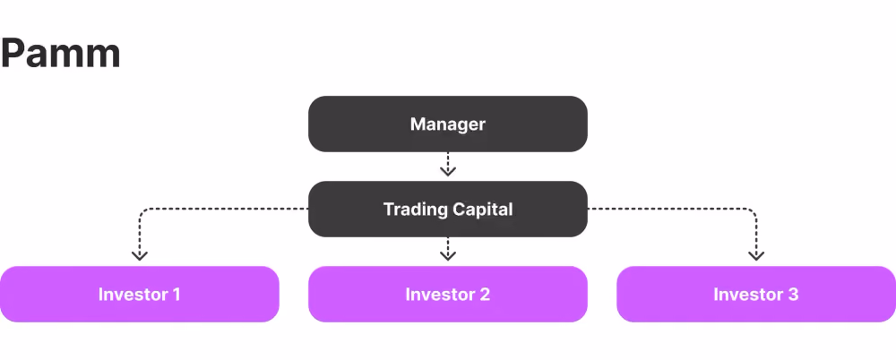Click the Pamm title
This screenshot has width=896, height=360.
60,54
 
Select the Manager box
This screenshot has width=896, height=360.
448,124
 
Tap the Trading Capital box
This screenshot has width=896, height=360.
448,210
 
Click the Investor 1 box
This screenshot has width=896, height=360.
140,295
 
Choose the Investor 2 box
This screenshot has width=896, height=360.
448,295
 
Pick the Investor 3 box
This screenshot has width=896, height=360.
756,295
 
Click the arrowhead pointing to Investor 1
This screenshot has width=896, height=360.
140,255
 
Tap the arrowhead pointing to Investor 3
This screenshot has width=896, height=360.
756,255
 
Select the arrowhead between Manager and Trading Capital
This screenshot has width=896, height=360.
448,170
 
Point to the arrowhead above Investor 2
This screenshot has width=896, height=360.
448,255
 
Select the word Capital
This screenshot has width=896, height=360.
482,210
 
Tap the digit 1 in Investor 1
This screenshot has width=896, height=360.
176,295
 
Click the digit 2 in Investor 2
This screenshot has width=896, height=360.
485,295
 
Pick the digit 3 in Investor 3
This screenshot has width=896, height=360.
793,295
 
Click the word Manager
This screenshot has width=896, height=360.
448,124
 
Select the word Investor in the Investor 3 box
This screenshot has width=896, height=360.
747,295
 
